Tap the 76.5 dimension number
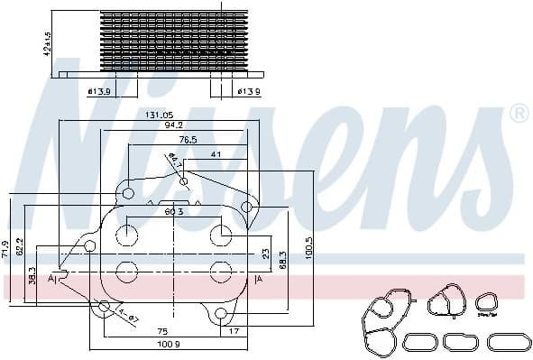point(188,141)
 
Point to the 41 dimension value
point(216,154)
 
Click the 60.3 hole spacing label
point(175,212)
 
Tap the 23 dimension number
point(265,254)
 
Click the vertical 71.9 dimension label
point(6,249)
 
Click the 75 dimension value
point(162,331)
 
